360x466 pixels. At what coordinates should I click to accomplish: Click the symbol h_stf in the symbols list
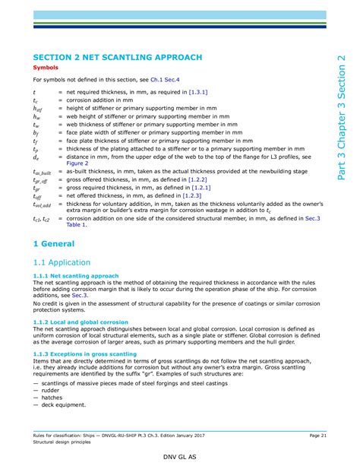pos(38,108)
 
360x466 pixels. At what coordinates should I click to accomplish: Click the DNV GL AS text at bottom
pos(179,458)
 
